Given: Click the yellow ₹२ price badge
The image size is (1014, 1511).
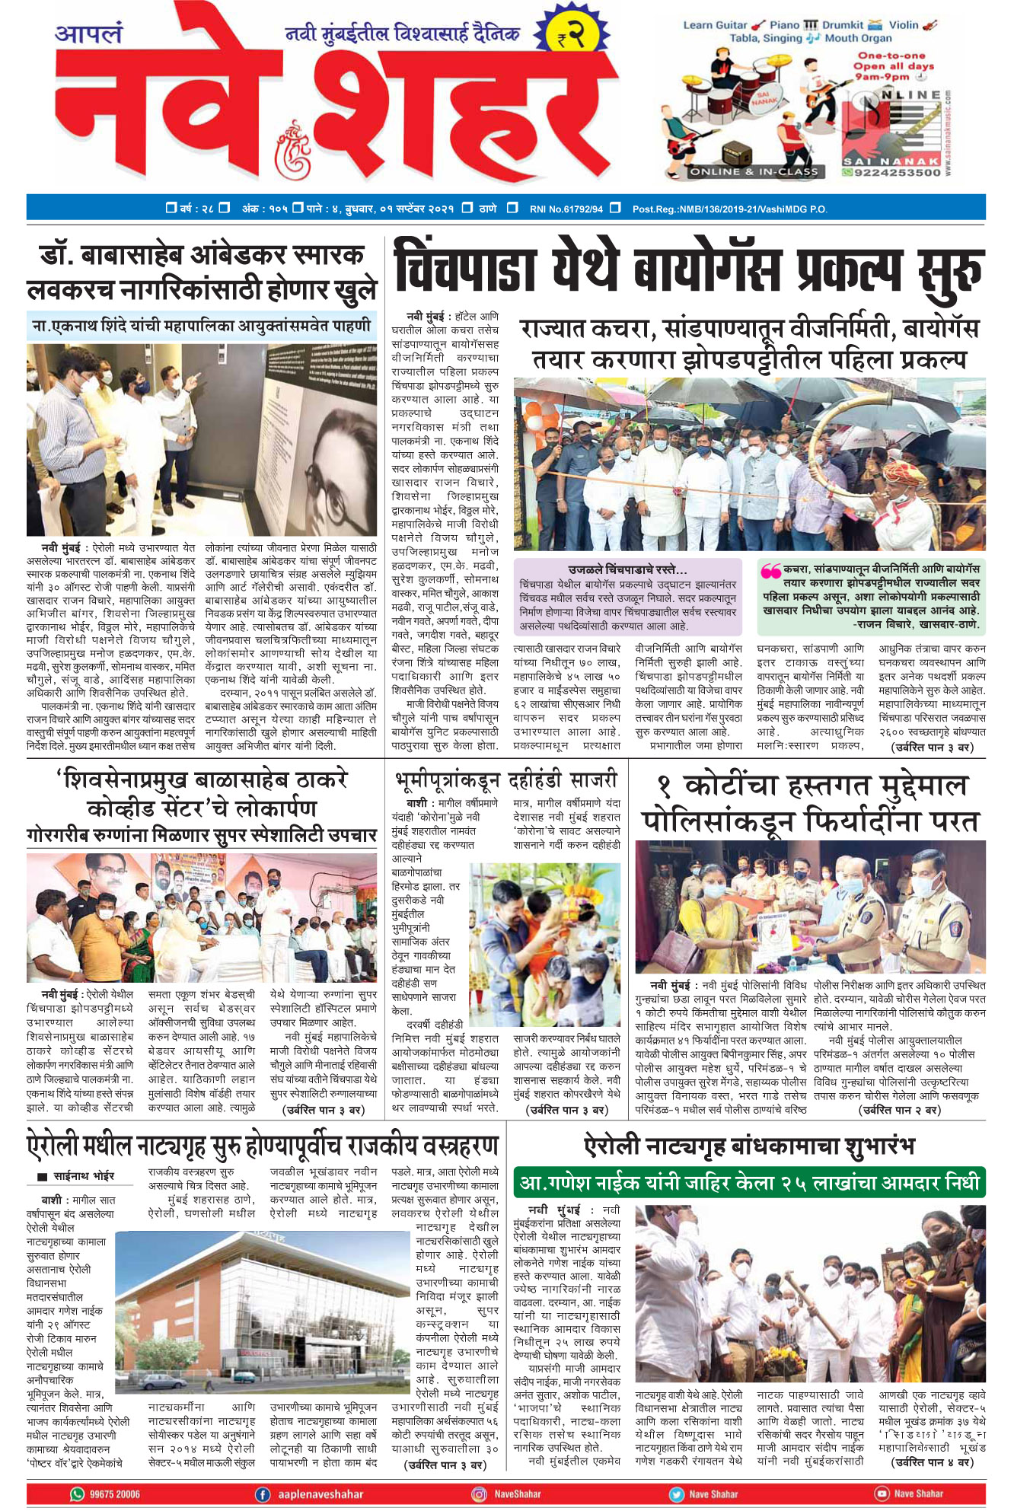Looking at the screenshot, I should [x=570, y=36].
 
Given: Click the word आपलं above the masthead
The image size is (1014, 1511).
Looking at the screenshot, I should [x=88, y=34].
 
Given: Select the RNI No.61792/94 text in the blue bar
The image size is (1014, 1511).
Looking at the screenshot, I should [x=566, y=209].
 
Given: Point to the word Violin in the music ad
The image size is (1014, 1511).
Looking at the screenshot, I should [x=904, y=25].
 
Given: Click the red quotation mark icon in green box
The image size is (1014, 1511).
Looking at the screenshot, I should [x=770, y=570].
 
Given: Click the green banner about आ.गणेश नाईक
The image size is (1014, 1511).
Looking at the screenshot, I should [x=749, y=1183].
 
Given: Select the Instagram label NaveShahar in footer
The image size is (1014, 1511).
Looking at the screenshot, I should [x=518, y=1494].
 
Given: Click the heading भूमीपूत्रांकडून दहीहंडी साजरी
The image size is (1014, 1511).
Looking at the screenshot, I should [x=506, y=780].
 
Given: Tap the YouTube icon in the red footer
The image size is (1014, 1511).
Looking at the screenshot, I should [x=881, y=1493].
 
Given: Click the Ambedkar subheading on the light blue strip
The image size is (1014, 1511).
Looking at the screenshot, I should [x=202, y=326].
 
